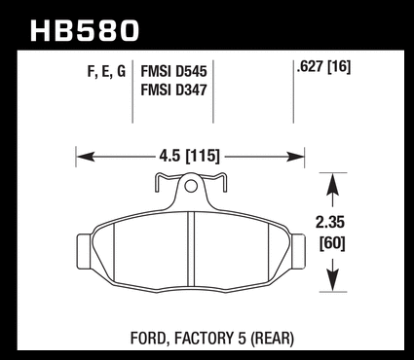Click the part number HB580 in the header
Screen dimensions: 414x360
pyautogui.click(x=85, y=30)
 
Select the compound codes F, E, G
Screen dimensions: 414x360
pyautogui.click(x=106, y=71)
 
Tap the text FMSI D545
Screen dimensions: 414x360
pyautogui.click(x=173, y=71)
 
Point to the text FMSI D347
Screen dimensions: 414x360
pyautogui.click(x=173, y=90)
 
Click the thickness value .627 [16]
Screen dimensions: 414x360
pyautogui.click(x=323, y=67)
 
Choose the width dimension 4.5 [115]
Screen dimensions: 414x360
pyautogui.click(x=190, y=157)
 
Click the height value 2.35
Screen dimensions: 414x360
pyautogui.click(x=330, y=223)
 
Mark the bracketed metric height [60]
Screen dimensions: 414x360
pyautogui.click(x=332, y=243)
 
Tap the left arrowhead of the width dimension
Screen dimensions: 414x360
pyautogui.click(x=86, y=157)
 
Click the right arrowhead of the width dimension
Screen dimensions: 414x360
pyautogui.click(x=295, y=157)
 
